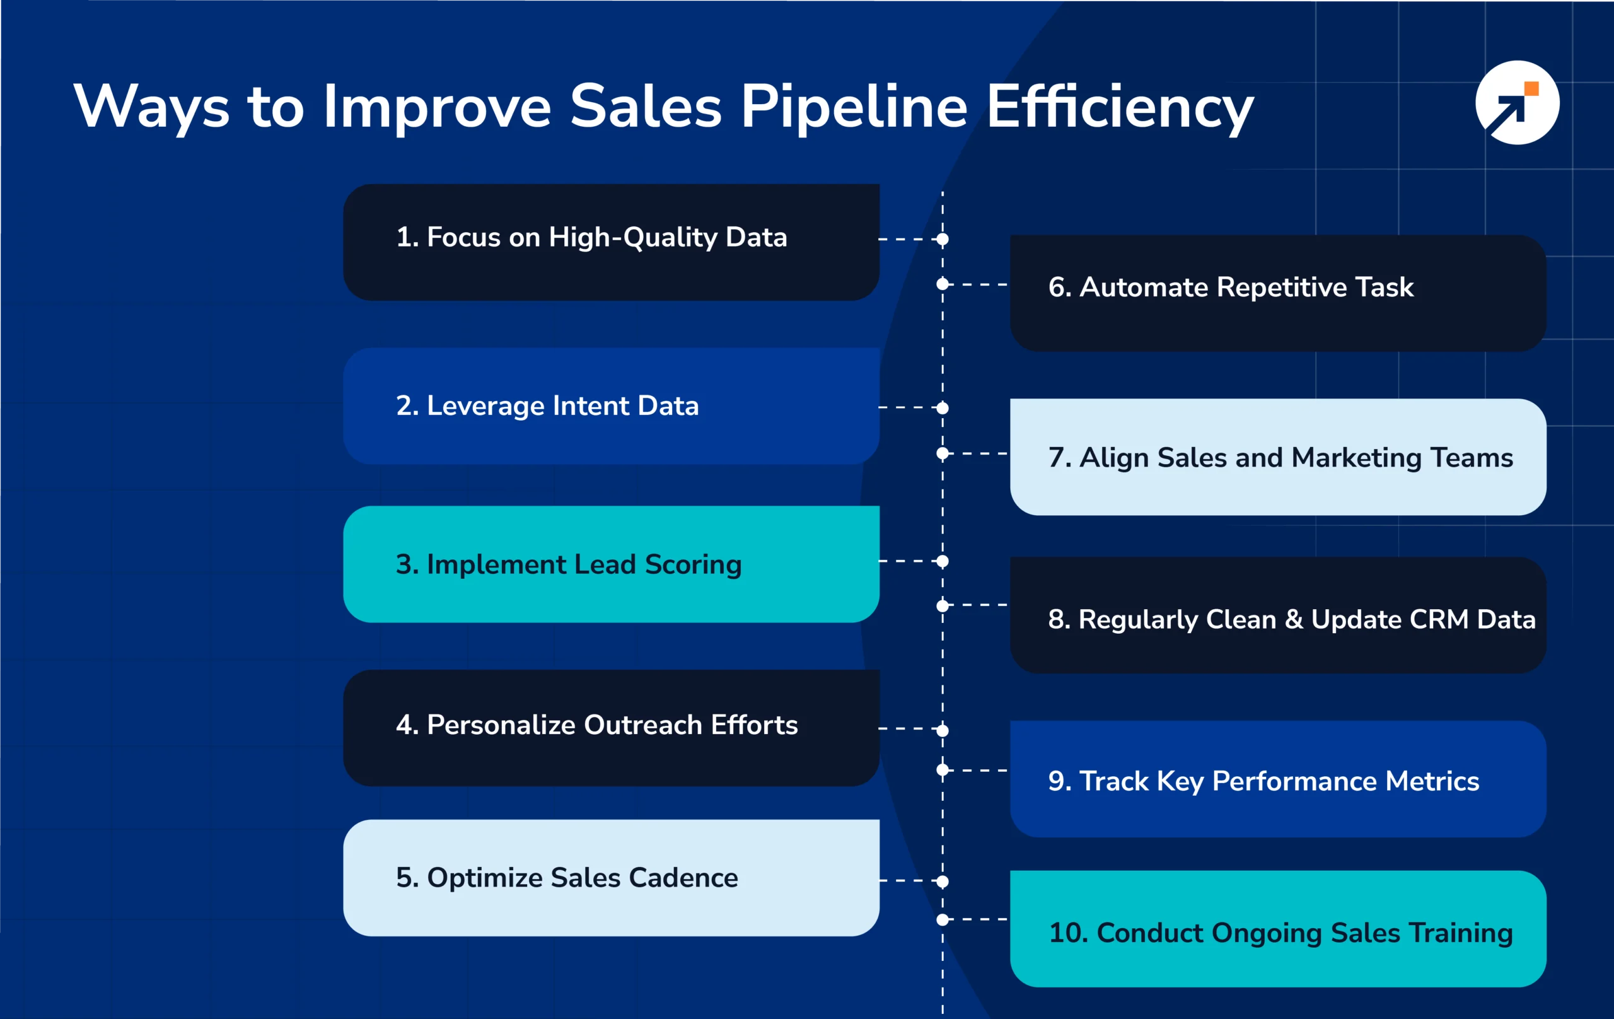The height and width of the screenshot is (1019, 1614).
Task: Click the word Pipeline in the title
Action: [x=852, y=107]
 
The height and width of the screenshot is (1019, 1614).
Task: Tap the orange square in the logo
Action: [x=1531, y=89]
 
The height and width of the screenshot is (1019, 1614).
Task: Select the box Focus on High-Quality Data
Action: [x=611, y=242]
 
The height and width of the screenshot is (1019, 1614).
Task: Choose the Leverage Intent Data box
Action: [x=611, y=405]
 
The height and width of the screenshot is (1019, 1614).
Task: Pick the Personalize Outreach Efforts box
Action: [x=611, y=728]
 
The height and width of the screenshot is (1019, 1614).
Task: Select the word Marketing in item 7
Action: [x=1357, y=458]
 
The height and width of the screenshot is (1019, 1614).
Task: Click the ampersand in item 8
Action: [x=1293, y=619]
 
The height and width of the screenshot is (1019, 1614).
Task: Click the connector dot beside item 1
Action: [x=943, y=238]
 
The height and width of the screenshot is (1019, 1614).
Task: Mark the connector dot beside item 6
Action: [x=943, y=284]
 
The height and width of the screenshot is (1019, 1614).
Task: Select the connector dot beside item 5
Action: [x=943, y=881]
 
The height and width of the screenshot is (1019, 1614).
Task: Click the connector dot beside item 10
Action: [x=943, y=920]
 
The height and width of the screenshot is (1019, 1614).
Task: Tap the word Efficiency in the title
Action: [x=1118, y=107]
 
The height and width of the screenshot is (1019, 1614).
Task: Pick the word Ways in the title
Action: [x=151, y=107]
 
